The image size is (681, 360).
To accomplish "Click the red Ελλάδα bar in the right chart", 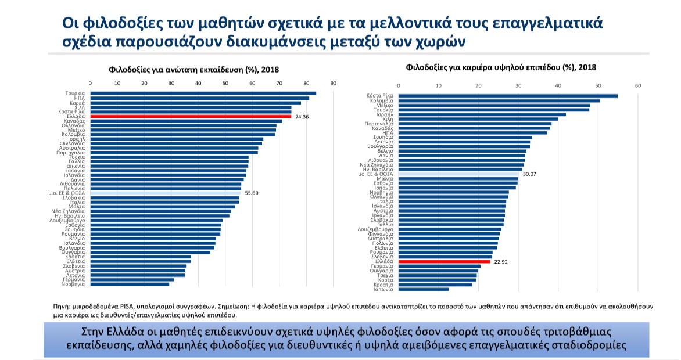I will (444, 262).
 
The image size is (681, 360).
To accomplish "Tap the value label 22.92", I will (501, 262).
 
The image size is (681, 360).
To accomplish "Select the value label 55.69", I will (252, 193).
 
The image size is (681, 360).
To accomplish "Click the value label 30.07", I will (529, 174).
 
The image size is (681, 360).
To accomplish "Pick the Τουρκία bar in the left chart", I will (203, 93).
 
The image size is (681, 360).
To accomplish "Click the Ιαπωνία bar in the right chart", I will (424, 289).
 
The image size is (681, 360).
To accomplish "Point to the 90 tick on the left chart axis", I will (334, 84).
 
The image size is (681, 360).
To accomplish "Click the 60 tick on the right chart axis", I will (638, 86).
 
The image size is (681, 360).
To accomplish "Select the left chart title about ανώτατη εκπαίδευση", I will (194, 70).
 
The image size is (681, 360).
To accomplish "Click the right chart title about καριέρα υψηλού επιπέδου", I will (501, 67).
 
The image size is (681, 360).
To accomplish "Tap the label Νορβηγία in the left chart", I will (74, 284).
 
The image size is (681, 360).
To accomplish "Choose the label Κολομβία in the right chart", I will (382, 100).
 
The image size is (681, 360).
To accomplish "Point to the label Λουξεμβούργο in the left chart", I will (67, 221).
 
